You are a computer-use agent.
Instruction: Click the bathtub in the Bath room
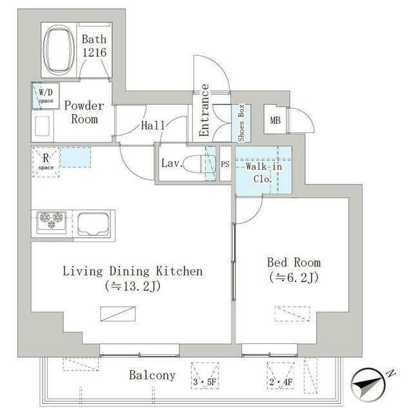tap(59, 49)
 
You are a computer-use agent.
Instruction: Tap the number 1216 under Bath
tap(94, 52)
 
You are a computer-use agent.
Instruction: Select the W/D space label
tap(46, 96)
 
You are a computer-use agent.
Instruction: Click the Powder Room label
tap(85, 112)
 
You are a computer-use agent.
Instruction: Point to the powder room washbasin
tap(42, 126)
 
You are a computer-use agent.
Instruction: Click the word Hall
tap(153, 125)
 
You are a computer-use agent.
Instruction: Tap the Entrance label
tap(204, 110)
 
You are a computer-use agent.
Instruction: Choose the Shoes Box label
tap(241, 123)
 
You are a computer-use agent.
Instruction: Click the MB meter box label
tap(276, 121)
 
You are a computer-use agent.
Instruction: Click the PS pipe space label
tap(225, 165)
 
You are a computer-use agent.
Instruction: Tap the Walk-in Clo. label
tap(264, 172)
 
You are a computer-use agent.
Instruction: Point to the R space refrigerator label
tap(46, 161)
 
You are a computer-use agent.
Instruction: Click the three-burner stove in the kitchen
tap(52, 223)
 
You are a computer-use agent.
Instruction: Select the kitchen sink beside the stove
tap(93, 224)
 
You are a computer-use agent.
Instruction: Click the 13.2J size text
tap(133, 287)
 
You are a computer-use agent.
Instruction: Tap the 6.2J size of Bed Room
tap(294, 277)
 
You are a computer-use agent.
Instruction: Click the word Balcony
tap(152, 376)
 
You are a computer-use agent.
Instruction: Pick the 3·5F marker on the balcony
tap(205, 381)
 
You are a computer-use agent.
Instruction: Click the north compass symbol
tap(368, 385)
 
